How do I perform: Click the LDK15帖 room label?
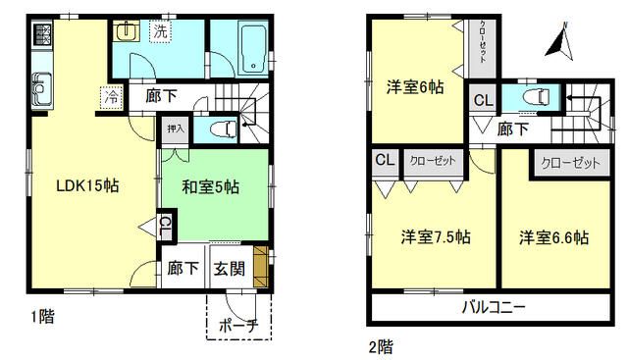pyautogui.click(x=88, y=184)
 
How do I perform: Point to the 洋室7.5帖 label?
pyautogui.click(x=435, y=236)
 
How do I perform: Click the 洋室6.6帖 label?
pyautogui.click(x=553, y=236)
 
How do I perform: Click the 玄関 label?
pyautogui.click(x=230, y=268)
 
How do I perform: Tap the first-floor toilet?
pyautogui.click(x=223, y=128)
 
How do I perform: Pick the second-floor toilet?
pyautogui.click(x=538, y=98)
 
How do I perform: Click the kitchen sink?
pyautogui.click(x=42, y=93)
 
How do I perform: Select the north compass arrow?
pyautogui.click(x=560, y=42)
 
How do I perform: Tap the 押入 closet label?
pyautogui.click(x=175, y=128)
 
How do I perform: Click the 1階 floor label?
pyautogui.click(x=40, y=316)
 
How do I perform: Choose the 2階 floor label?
pyautogui.click(x=381, y=345)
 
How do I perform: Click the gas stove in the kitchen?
pyautogui.click(x=42, y=37)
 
